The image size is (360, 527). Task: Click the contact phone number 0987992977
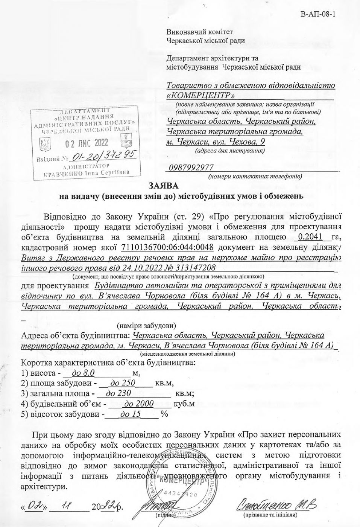[x=191, y=167]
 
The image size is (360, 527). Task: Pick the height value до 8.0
[x=82, y=373]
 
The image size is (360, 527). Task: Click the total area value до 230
[x=118, y=394]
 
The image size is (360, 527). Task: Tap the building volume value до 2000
[x=139, y=404]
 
